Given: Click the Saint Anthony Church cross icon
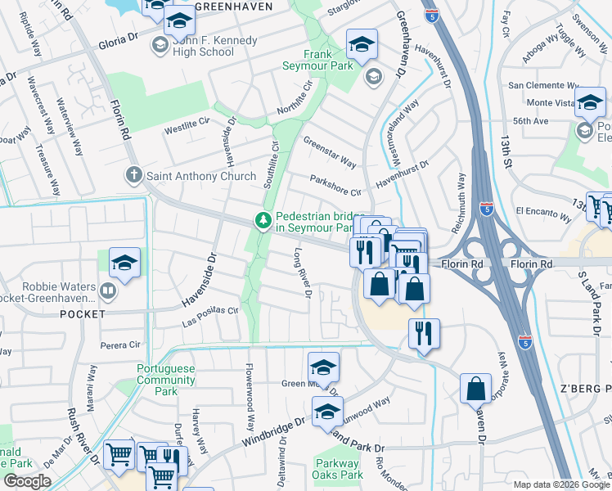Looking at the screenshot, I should point(134,175).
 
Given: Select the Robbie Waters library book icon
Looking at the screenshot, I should point(107,290).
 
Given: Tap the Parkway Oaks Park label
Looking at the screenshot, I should point(338,469).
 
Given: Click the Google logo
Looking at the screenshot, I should point(26,480).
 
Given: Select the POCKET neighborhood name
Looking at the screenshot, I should point(83,314).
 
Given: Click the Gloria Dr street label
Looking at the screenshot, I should point(119,42).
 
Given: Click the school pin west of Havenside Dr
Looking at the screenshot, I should point(124,264).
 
